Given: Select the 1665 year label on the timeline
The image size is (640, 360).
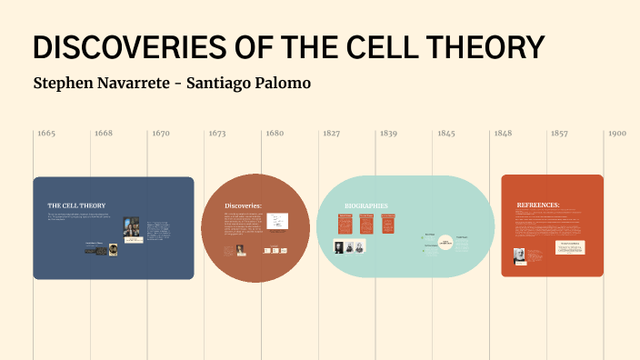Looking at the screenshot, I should [46, 134].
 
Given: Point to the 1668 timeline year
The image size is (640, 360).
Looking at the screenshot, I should [103, 134].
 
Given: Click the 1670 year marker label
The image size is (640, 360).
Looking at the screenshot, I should [161, 134].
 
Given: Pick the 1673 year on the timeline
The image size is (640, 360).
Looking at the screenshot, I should [217, 134].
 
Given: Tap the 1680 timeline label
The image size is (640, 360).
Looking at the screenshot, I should [275, 134].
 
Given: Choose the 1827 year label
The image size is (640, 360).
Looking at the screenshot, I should [332, 134].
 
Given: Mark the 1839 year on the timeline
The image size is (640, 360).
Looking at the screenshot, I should [388, 134].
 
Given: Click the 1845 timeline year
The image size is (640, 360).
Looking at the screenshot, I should [445, 134].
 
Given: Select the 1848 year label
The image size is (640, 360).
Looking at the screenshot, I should [503, 134].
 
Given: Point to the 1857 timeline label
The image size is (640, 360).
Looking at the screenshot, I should [559, 134].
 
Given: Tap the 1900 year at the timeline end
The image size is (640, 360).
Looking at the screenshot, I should [617, 134].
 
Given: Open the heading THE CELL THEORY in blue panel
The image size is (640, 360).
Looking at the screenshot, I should [76, 205].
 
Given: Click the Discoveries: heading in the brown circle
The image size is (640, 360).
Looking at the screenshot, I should [243, 205].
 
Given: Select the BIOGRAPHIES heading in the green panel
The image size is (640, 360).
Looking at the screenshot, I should [365, 205].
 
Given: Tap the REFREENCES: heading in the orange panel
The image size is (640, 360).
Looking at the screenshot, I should [538, 205].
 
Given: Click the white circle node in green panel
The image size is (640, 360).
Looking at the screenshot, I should [445, 243].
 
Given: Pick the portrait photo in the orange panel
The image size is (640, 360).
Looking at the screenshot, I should [520, 255].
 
